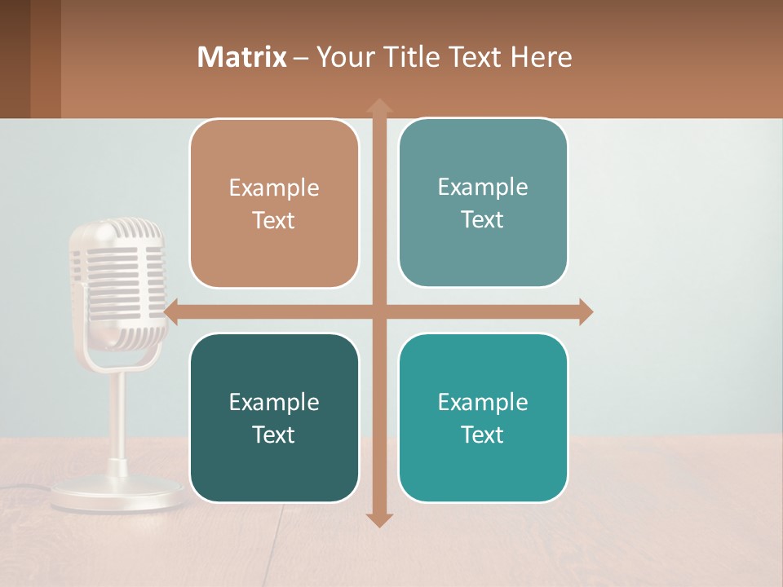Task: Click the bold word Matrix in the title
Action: pos(242,57)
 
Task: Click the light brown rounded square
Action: pos(274,204)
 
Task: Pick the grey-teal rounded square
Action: pos(483,203)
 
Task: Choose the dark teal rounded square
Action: pos(274,417)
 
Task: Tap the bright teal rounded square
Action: pos(483,417)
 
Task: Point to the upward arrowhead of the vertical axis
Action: pos(379,106)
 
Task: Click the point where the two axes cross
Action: pos(379,311)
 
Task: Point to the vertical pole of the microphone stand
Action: pos(118,416)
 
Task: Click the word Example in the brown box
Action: pos(274,188)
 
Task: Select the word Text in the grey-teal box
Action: pos(483,219)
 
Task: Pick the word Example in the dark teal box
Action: pos(274,402)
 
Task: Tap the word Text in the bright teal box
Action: pos(483,435)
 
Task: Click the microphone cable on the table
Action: pos(24,488)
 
